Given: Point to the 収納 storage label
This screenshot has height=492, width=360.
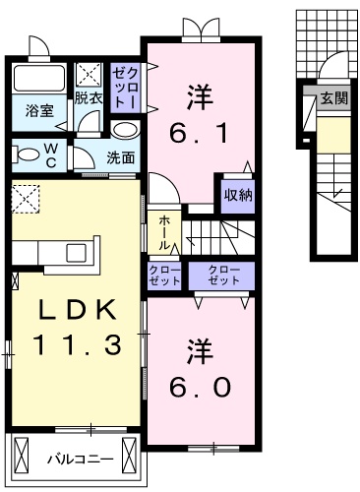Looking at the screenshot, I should pos(238,194).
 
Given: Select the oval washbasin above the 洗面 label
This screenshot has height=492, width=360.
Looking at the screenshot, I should pos(125,130).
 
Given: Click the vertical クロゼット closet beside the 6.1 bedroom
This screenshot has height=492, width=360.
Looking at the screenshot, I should pos(125,87).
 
